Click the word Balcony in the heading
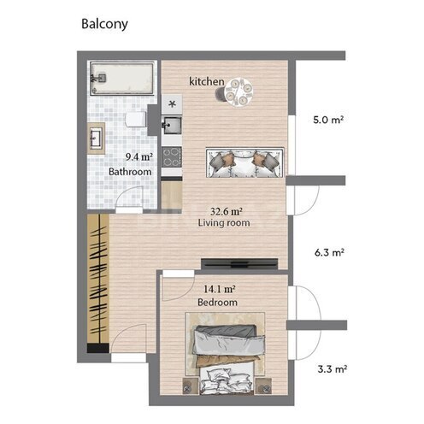pos(104,24)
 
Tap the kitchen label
pos(207,81)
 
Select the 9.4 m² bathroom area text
pos(139,157)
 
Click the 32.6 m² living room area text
pos(227,211)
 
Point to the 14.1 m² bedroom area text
pos(219,289)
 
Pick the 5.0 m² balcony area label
pos(328,120)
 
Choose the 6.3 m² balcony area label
pos(329,252)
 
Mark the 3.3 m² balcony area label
pos(333,369)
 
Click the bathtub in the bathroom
pos(122,79)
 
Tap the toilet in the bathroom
pos(136,120)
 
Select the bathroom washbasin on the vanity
pos(96,138)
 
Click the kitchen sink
pos(172,125)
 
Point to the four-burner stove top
pos(172,157)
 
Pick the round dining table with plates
pos(238,92)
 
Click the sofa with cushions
pos(244,162)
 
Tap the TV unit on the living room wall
pos(239,264)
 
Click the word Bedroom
pos(217,303)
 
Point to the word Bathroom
pos(130,172)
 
